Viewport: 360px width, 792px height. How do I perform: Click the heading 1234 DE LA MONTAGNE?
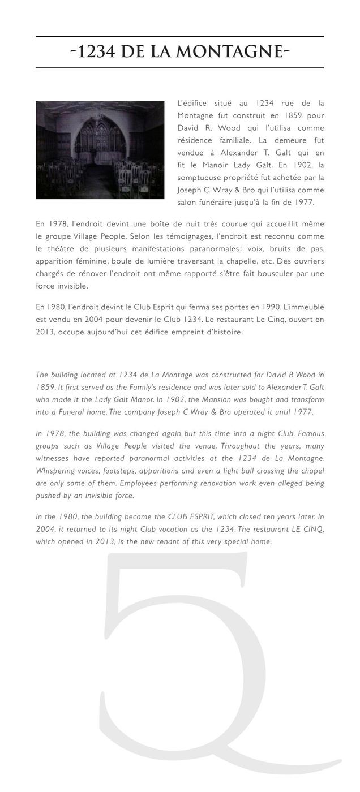pyautogui.click(x=180, y=52)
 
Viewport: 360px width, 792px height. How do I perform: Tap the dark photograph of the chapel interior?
pyautogui.click(x=100, y=150)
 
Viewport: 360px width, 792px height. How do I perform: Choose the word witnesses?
pyautogui.click(x=52, y=458)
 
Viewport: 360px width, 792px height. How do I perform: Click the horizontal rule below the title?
pyautogui.click(x=180, y=68)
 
